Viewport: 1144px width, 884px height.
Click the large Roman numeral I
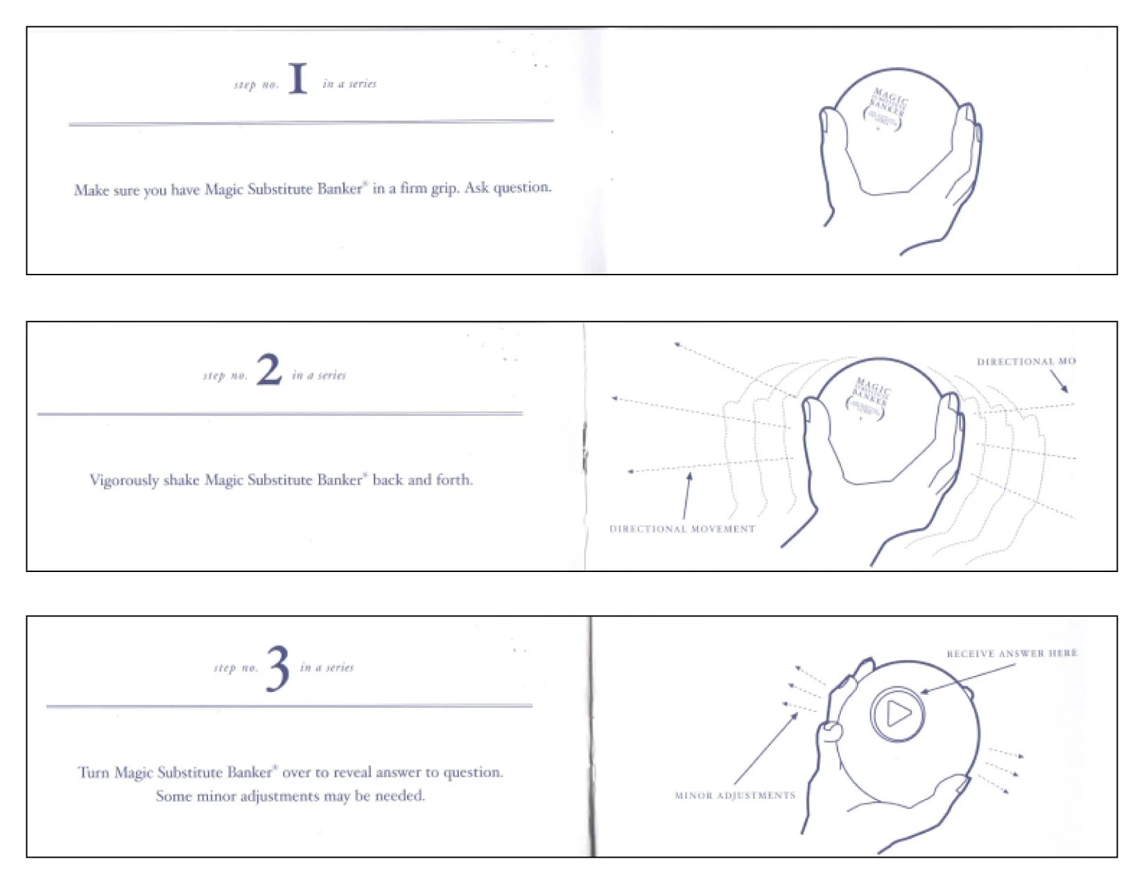297,78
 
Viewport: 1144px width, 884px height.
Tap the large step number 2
269,370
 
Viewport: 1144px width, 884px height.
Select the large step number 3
278,668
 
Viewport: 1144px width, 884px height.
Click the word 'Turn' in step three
93,772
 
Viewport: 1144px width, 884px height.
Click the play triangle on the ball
898,713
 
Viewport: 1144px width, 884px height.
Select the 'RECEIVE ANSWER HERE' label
1012,653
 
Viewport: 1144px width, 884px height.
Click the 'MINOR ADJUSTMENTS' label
735,795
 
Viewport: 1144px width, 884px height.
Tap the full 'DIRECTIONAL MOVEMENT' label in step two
682,528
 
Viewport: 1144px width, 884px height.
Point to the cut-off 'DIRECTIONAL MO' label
1026,361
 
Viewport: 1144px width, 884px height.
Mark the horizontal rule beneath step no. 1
311,123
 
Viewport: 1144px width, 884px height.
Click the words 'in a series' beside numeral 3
327,667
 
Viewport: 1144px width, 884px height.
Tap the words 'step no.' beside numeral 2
225,375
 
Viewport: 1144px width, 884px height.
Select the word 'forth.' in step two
453,480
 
